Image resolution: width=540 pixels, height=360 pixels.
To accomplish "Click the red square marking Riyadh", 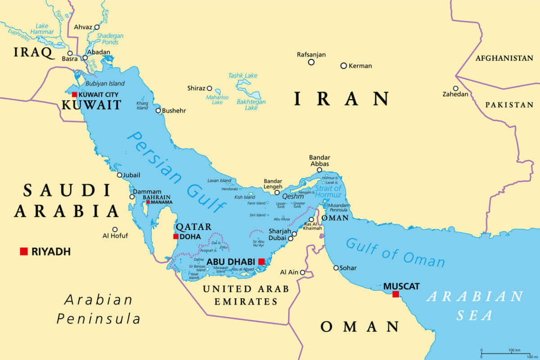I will [x=24, y=251].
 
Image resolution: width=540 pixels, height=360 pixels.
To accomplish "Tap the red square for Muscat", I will [x=396, y=294].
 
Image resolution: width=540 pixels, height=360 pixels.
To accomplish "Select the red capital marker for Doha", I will [x=175, y=236].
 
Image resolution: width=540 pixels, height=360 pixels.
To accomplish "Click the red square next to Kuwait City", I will [x=74, y=94].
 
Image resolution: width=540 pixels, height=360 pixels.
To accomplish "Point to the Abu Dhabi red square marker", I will [x=261, y=261].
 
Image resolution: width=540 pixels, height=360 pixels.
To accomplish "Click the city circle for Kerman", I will [x=343, y=66].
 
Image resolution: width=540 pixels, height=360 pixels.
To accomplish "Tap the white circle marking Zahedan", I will [x=455, y=89].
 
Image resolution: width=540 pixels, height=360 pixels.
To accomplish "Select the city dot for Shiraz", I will [x=209, y=88].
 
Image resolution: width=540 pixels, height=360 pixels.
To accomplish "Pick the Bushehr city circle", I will [x=158, y=111].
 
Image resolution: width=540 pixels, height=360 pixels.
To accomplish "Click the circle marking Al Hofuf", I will [x=115, y=229].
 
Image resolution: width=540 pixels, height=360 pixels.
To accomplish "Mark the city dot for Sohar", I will [x=336, y=268].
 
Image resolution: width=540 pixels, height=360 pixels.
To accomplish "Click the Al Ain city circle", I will [x=302, y=272].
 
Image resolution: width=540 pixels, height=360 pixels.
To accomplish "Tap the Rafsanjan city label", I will [x=311, y=54].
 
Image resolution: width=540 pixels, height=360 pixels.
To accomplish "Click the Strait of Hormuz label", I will [x=328, y=191].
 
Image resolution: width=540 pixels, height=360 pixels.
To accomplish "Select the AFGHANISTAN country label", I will [x=504, y=58].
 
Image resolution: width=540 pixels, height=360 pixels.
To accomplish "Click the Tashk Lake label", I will [x=243, y=76].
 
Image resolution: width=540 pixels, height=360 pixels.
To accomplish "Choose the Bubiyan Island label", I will [x=105, y=84].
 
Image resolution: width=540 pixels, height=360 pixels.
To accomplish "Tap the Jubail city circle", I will [x=120, y=175].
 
